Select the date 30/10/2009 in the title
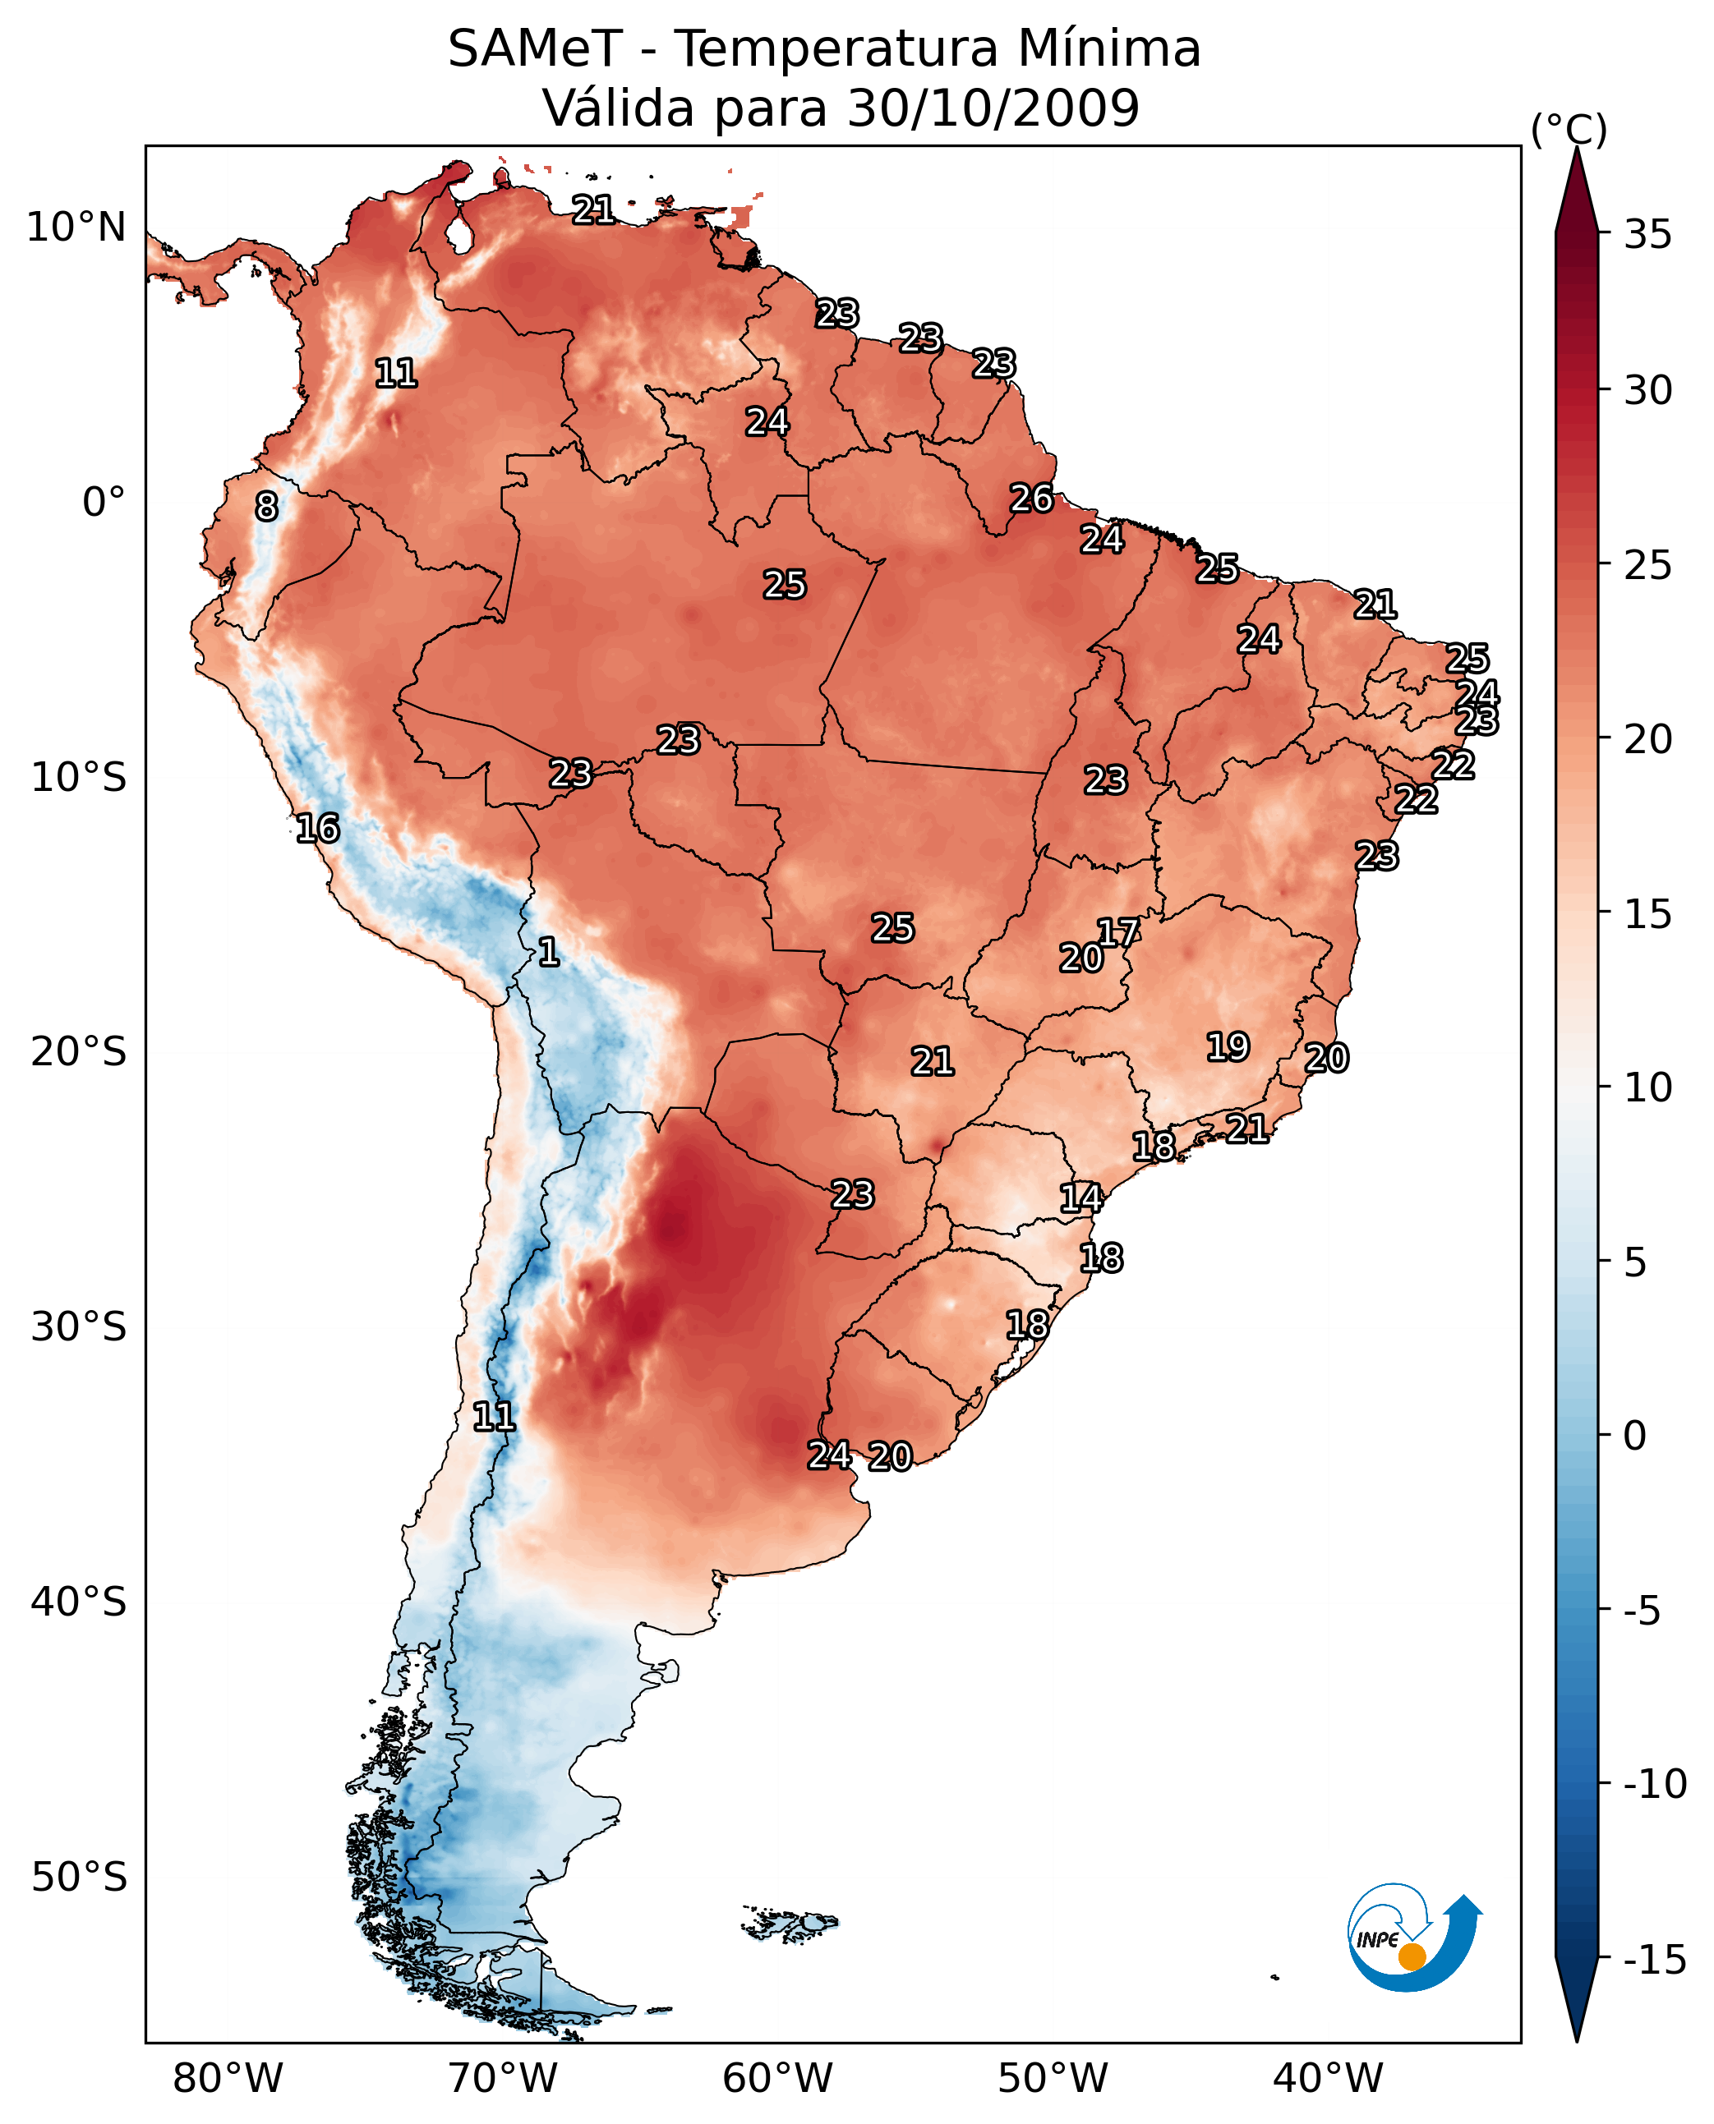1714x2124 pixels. (x=993, y=108)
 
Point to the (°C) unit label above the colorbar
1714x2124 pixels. (x=1568, y=129)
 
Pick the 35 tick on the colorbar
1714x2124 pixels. (x=1647, y=235)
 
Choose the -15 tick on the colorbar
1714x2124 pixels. (x=1654, y=1959)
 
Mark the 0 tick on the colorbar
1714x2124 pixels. (x=1635, y=1435)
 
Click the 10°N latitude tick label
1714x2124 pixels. (x=76, y=228)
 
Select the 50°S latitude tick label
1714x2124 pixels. (x=79, y=1876)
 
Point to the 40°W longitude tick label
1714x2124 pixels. (x=1327, y=2078)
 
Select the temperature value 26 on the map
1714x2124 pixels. (x=1030, y=499)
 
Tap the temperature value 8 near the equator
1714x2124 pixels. (x=266, y=506)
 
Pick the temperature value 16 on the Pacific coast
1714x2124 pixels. (x=318, y=828)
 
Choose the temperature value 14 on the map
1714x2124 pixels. (x=1080, y=1198)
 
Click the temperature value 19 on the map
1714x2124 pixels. (x=1228, y=1046)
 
